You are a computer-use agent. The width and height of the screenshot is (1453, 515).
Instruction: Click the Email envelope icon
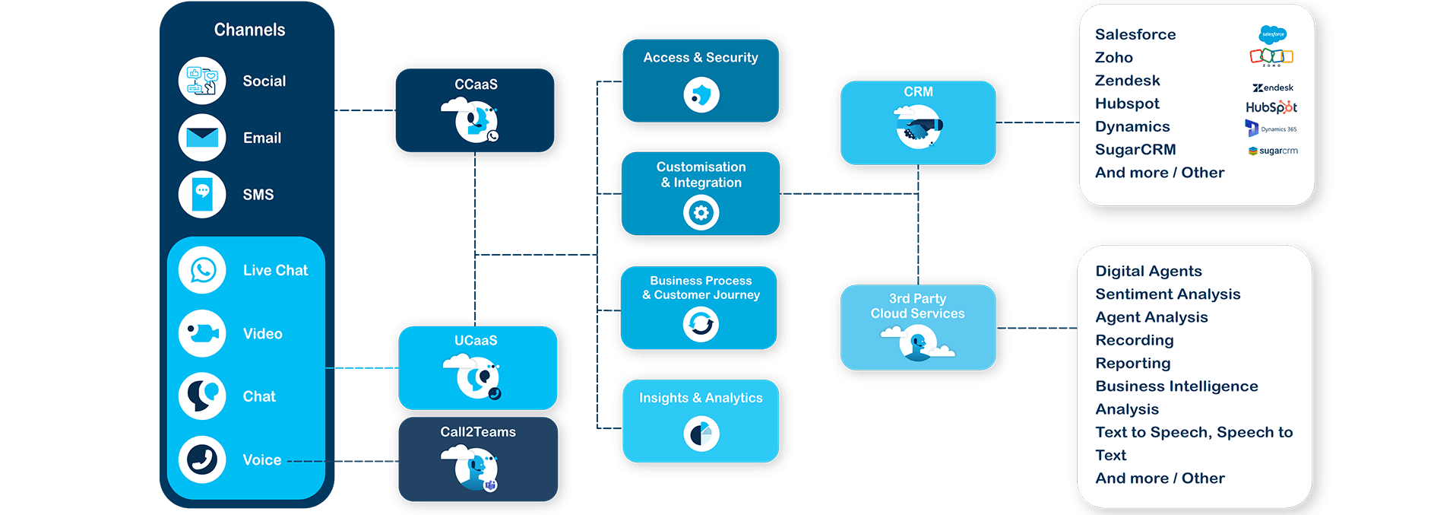202,138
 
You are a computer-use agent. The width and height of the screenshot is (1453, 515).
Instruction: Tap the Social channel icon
202,81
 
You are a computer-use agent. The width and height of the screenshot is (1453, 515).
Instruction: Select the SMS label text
258,195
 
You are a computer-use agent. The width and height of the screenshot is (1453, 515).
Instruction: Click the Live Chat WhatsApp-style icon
202,270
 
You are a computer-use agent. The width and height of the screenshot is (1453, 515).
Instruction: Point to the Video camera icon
202,333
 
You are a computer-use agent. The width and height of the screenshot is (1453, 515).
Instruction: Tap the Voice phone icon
202,459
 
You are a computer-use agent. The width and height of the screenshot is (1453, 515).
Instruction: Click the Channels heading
249,30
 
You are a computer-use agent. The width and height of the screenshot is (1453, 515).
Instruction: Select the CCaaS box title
476,84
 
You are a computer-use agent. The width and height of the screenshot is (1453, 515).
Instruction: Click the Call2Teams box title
478,431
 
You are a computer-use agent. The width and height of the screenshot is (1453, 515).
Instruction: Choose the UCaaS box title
476,340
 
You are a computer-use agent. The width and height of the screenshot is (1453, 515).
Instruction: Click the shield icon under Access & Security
701,96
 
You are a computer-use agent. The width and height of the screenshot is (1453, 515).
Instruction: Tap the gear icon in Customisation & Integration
701,213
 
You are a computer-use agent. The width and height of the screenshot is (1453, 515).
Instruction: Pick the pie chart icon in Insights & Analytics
701,434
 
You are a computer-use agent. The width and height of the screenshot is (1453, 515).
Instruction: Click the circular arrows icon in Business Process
701,325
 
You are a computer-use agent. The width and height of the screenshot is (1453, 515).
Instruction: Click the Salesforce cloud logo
1272,34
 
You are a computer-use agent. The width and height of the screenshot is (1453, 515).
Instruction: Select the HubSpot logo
1271,107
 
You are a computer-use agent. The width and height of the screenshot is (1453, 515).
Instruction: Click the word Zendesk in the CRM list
1127,81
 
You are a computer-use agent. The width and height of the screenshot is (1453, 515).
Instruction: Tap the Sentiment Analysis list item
1167,294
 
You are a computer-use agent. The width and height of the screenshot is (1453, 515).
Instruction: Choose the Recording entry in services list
1134,340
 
